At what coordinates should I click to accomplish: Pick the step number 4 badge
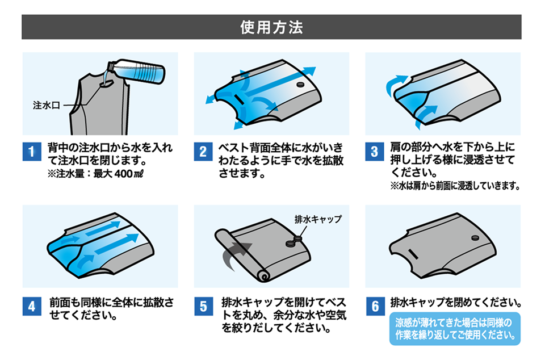[x=32, y=307]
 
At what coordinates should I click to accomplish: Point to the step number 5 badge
[x=203, y=307]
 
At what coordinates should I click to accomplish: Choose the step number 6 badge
[x=374, y=307]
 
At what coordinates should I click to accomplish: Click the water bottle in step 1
[x=139, y=72]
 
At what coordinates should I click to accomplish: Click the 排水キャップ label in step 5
[x=318, y=219]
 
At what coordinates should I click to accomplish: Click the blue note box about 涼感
[x=454, y=328]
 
